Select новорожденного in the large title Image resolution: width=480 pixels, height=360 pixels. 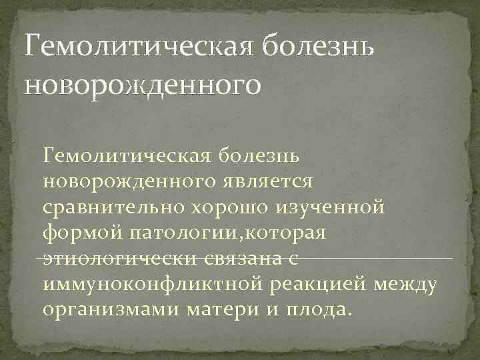click(140, 85)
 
